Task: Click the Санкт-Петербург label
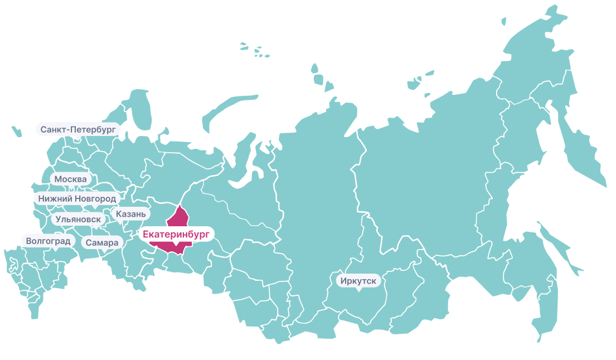(78, 129)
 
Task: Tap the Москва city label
(71, 179)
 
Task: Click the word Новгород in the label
(96, 198)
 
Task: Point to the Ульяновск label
(78, 219)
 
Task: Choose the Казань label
(131, 214)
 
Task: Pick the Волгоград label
(48, 241)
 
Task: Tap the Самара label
(102, 243)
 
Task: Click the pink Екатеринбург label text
(176, 235)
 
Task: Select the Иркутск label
(359, 280)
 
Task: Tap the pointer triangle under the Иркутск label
(359, 290)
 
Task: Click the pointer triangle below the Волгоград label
(55, 250)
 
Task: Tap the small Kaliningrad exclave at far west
(16, 132)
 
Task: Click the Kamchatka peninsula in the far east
(580, 150)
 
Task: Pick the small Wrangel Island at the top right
(503, 21)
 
